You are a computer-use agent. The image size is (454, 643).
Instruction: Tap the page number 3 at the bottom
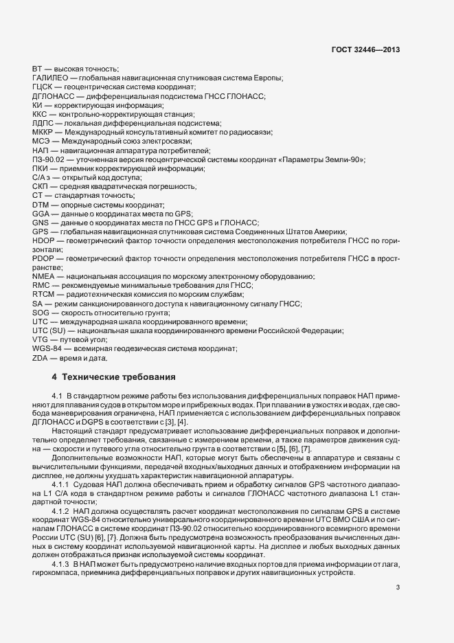[398, 587]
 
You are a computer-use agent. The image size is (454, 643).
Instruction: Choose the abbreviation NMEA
[43, 275]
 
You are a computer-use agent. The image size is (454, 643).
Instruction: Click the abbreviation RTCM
[43, 294]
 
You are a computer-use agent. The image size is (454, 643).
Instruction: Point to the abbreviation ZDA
[41, 358]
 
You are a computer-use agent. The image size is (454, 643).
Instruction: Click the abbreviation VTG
[41, 340]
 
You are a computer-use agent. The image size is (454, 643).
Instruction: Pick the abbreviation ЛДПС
[43, 122]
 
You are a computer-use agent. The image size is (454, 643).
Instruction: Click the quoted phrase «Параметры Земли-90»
[330, 159]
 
